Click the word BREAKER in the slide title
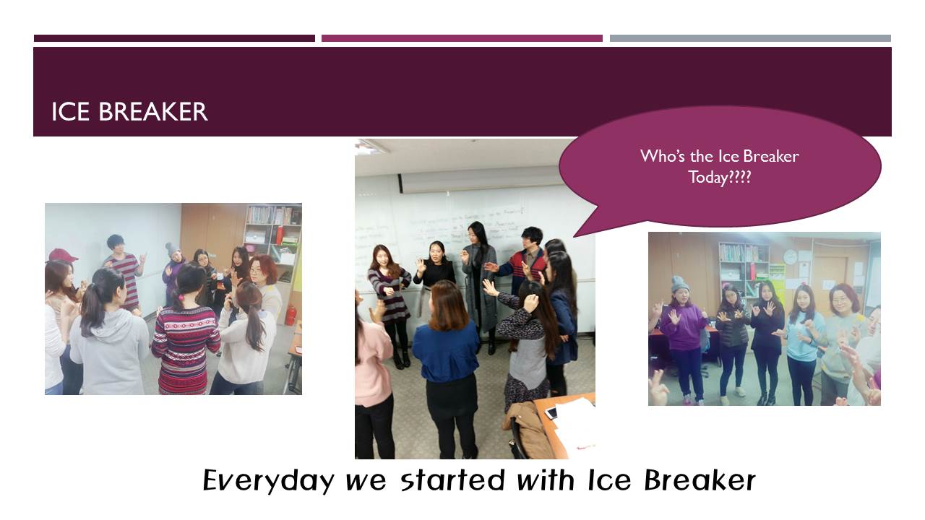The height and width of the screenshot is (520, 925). click(152, 111)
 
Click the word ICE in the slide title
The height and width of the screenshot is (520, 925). click(70, 111)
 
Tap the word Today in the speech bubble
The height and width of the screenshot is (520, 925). click(707, 178)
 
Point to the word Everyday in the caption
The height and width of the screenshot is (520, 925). click(268, 481)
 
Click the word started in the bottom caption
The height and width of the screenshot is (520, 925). click(453, 480)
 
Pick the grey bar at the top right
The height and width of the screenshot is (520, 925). click(750, 38)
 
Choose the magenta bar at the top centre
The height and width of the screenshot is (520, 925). click(462, 38)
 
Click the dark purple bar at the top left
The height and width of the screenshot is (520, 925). click(174, 38)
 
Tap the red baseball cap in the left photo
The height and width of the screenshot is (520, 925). click(62, 255)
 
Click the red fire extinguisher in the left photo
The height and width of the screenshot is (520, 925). click(291, 315)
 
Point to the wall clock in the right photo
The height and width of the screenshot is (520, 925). click(790, 256)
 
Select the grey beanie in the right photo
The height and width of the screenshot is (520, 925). click(680, 284)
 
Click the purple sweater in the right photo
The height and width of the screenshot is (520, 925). click(684, 326)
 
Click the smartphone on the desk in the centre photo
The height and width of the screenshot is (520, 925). click(551, 412)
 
